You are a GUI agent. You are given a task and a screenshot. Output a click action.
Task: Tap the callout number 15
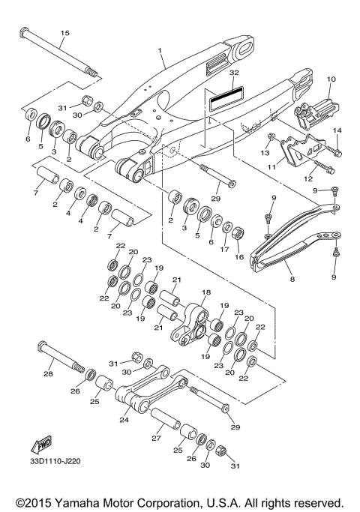point(64,33)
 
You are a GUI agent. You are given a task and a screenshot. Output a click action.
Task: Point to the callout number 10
point(331,78)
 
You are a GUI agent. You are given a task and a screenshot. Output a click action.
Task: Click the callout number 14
point(337,130)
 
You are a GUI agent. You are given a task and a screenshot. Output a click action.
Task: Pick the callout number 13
point(264,153)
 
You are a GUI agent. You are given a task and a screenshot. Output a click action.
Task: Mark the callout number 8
point(292,279)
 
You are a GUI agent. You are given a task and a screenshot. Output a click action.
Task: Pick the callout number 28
point(48,373)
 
